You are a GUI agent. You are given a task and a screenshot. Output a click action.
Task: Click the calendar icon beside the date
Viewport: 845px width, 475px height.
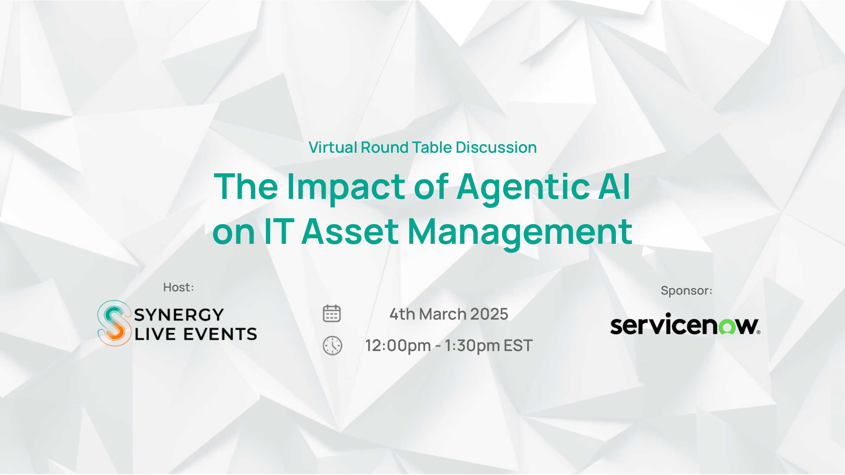pyautogui.click(x=332, y=313)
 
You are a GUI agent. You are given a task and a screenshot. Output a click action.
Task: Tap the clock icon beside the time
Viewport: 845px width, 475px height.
pyautogui.click(x=332, y=345)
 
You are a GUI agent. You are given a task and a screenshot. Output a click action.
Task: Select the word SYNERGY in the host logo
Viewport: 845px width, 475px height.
pyautogui.click(x=179, y=315)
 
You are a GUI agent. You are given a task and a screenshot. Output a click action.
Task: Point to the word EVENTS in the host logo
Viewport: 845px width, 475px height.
pyautogui.click(x=220, y=334)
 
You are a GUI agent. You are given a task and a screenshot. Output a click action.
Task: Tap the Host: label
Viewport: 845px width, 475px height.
pyautogui.click(x=178, y=287)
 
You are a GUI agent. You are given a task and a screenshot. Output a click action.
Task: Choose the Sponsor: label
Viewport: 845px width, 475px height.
pyautogui.click(x=686, y=291)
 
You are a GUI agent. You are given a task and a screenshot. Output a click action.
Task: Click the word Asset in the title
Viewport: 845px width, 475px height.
pyautogui.click(x=350, y=231)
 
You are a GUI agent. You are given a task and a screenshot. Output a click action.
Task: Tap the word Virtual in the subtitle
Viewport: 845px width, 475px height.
pyautogui.click(x=333, y=147)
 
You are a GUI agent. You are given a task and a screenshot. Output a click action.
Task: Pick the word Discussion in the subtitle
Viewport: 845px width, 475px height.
pyautogui.click(x=496, y=147)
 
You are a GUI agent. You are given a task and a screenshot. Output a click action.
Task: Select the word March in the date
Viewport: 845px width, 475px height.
pyautogui.click(x=443, y=314)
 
